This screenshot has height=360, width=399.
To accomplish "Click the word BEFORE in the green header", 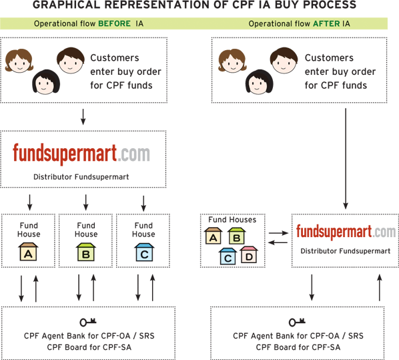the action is coord(114,23).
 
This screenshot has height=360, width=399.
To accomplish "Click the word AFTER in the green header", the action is coord(326,23).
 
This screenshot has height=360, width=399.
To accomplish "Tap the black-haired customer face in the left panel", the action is coord(46,81).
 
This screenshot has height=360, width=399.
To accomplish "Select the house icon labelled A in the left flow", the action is coord(28,252).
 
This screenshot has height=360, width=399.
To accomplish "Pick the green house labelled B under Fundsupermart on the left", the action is coord(86,252).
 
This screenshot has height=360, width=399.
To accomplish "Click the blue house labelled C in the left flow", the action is coord(144,252).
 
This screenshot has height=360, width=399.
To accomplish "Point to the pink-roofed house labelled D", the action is coord(249,254).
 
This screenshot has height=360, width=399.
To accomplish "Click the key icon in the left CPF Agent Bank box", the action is coord(88,322).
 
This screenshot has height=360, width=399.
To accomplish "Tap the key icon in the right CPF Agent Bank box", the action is coord(297,322).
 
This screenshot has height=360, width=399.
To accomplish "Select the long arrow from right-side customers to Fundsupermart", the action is coord(346,158).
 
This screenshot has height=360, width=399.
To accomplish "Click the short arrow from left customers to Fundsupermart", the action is coord(83,117).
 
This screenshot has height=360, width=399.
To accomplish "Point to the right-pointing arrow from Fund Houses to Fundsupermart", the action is coord(278,233).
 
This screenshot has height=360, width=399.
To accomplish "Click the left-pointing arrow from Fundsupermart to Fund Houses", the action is coord(278,242).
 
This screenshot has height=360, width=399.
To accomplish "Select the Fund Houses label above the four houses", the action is coord(232,220).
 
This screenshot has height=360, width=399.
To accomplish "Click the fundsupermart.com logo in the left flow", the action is coord(81,154).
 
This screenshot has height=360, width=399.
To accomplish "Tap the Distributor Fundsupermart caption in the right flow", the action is coord(346,251).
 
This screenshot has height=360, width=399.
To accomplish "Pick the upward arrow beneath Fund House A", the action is coord(36,289).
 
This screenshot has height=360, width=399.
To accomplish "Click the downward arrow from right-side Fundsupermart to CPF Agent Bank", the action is coord(312,288).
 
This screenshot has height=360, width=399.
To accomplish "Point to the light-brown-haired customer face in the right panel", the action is coord(232,61).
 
